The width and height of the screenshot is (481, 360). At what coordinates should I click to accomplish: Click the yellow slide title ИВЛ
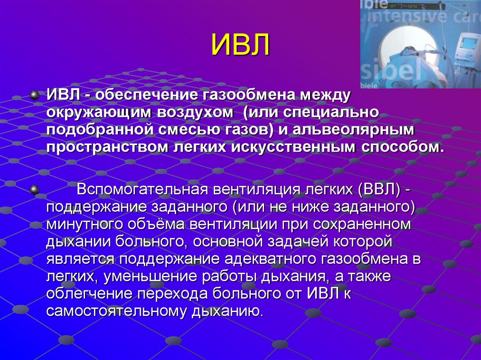(240, 45)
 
